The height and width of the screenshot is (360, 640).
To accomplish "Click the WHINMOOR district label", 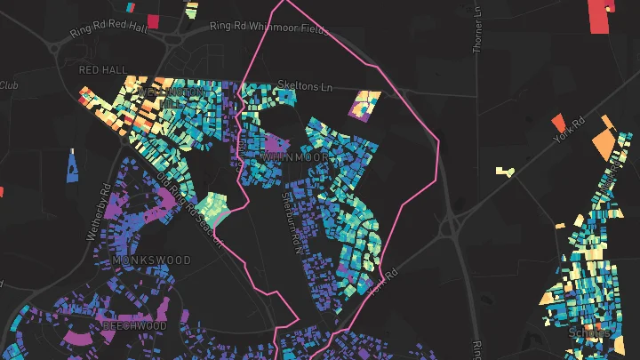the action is click(296, 156).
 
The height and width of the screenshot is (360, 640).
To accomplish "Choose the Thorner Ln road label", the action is click(478, 28).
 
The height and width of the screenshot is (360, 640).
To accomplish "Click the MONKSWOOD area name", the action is click(152, 260).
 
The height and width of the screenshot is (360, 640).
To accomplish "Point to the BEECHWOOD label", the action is click(134, 326).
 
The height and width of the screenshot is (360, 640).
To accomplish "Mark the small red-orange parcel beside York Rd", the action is click(558, 122).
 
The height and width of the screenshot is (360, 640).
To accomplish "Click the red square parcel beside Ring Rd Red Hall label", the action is click(152, 21).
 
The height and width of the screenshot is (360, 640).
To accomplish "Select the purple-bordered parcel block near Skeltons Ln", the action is click(366, 105).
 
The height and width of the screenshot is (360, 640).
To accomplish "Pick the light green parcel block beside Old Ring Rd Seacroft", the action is click(214, 208).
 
